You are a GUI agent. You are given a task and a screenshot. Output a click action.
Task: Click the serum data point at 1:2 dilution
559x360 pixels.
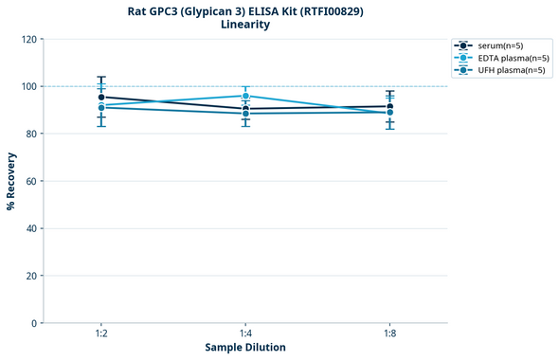point(101,97)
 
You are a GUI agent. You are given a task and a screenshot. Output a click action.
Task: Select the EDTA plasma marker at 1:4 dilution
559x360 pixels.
point(245,96)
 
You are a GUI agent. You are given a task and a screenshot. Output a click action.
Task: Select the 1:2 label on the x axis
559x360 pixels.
point(101,334)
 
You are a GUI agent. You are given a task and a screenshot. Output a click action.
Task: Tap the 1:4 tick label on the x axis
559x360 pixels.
point(245,334)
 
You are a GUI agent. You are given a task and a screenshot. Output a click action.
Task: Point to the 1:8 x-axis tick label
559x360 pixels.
point(389,334)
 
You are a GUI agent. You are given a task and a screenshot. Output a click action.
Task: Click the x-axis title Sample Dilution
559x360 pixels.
point(245,348)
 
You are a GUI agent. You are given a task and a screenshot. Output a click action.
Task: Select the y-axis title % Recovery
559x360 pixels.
point(11,181)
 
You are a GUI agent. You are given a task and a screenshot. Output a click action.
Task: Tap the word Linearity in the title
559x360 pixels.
point(245,25)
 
